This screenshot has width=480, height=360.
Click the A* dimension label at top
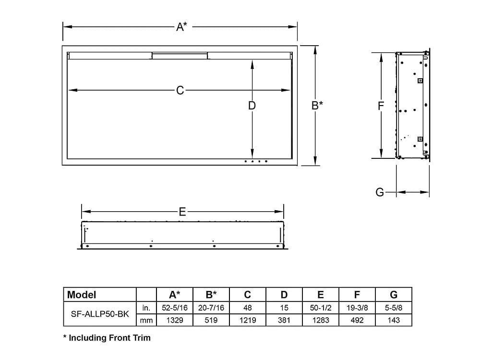[x=181, y=27]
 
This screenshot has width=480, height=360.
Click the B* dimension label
[x=317, y=105]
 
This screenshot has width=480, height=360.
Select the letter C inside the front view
[x=180, y=90]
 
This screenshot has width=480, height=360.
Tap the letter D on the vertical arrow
[x=252, y=106]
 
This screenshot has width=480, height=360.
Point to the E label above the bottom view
[x=182, y=212]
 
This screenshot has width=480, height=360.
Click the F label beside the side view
[x=380, y=106]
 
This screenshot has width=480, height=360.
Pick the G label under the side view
[x=380, y=192]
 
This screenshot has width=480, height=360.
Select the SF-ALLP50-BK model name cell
[x=99, y=313]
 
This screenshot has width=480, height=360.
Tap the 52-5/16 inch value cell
[x=175, y=307]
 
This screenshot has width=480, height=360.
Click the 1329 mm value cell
[x=175, y=320]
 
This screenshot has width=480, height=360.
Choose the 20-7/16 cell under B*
[x=211, y=307]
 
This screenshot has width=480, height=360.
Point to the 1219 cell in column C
[x=248, y=320]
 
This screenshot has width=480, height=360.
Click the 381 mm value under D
[x=284, y=320]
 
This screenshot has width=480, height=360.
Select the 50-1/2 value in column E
[x=321, y=307]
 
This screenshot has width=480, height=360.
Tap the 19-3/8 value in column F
[x=357, y=307]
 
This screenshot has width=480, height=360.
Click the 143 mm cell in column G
[x=394, y=320]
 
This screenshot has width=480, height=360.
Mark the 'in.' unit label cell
[x=146, y=307]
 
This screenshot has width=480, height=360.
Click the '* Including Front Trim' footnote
[x=107, y=338]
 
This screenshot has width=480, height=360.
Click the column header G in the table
[x=394, y=294]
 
